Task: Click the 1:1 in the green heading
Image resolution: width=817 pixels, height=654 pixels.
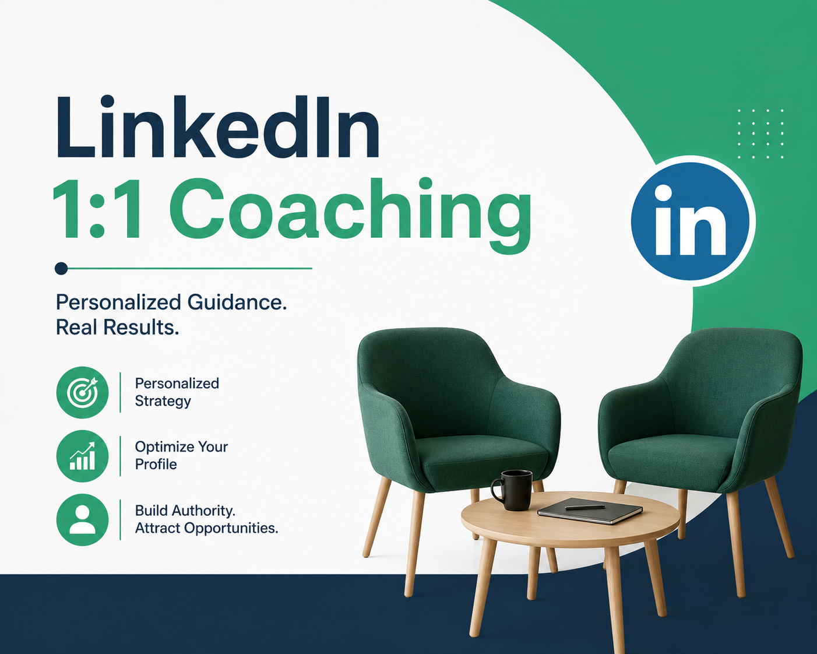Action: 98,209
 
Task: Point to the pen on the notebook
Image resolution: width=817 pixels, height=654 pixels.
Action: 584,507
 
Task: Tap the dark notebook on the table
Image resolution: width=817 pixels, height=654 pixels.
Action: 590,511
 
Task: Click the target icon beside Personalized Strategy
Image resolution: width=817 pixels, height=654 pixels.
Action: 82,392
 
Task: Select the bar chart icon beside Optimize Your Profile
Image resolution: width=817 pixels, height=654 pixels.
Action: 82,456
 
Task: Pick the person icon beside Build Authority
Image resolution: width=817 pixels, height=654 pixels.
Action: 82,520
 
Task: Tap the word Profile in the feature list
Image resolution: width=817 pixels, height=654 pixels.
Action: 156,464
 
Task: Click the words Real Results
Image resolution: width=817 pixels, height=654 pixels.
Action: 117,327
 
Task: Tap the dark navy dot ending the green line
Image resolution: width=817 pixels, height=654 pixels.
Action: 61,269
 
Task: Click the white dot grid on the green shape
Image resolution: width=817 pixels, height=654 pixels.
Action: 760,133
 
